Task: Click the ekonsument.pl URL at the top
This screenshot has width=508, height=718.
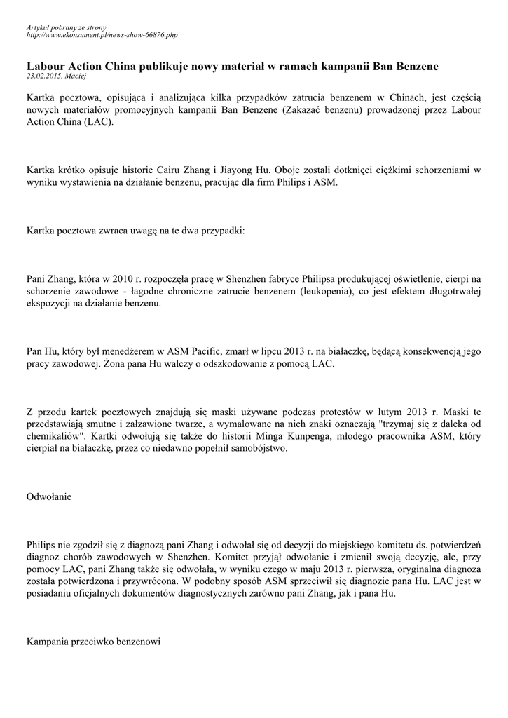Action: (x=102, y=34)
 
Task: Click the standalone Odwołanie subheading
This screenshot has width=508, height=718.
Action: (x=48, y=497)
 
